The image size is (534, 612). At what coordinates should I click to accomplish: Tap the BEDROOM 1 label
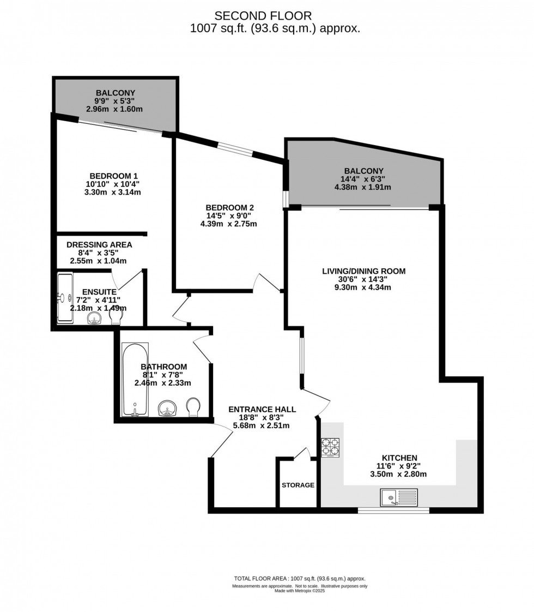click(x=114, y=176)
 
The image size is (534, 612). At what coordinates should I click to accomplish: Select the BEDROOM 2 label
click(x=229, y=207)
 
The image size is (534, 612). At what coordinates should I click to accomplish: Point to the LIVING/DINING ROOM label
click(x=364, y=271)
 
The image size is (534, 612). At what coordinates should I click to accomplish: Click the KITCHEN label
click(x=399, y=458)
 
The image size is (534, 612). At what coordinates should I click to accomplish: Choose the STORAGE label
click(x=298, y=485)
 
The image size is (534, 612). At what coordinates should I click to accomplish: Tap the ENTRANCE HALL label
click(x=262, y=409)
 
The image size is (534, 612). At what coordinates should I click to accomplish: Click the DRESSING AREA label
click(x=99, y=245)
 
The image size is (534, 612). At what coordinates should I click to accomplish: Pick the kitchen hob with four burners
click(x=330, y=447)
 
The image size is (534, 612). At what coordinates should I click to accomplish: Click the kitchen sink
click(x=399, y=497)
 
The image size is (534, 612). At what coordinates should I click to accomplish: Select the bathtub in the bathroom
click(x=134, y=379)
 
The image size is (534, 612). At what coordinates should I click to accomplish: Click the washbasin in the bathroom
click(x=167, y=408)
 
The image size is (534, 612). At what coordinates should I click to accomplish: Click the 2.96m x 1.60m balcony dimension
click(x=114, y=109)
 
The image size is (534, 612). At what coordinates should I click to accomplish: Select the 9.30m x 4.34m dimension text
click(x=364, y=287)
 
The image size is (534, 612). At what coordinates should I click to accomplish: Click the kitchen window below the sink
click(x=393, y=511)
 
